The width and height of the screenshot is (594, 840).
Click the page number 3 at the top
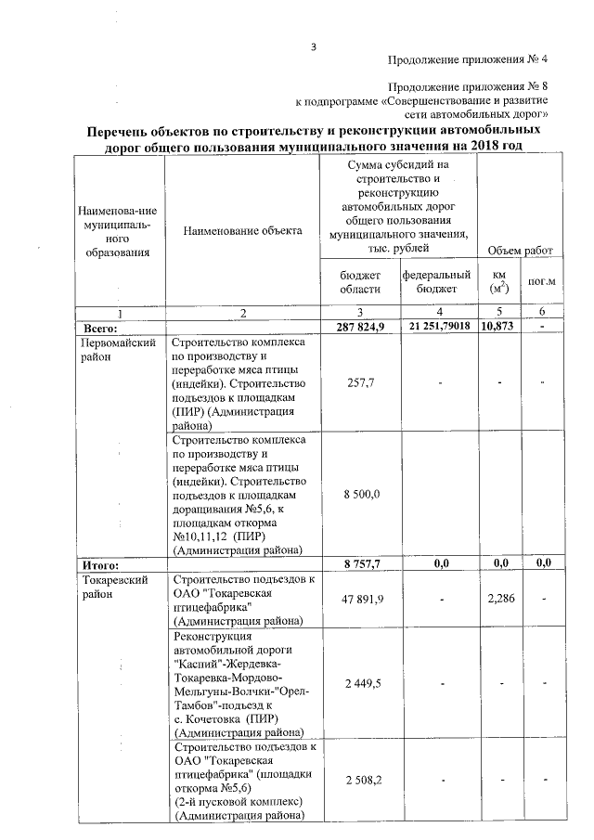tap(314, 48)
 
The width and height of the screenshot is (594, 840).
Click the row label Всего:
tap(99, 327)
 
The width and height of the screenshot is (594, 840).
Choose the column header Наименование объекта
tap(242, 230)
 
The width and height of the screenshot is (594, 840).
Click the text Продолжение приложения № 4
tap(467, 60)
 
